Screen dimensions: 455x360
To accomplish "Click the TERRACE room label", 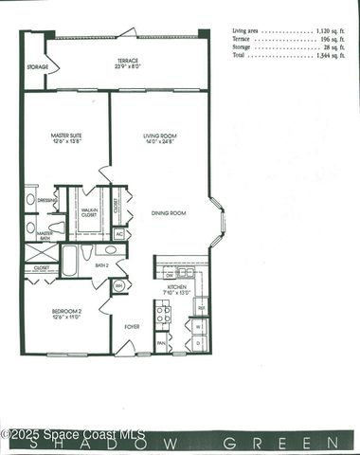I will [x=128, y=62].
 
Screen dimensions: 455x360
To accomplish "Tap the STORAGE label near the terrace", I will [x=37, y=67].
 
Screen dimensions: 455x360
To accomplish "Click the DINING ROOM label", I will [x=168, y=213].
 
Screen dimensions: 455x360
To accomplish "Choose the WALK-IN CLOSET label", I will [x=90, y=213].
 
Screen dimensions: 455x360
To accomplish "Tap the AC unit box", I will [x=119, y=233].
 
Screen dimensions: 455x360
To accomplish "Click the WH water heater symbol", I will [x=119, y=284].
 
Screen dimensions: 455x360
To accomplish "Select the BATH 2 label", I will [x=101, y=265].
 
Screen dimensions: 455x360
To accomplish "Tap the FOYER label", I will [x=131, y=327].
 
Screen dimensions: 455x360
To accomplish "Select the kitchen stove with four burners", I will [x=162, y=312].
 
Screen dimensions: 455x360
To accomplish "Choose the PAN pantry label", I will [x=161, y=343].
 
